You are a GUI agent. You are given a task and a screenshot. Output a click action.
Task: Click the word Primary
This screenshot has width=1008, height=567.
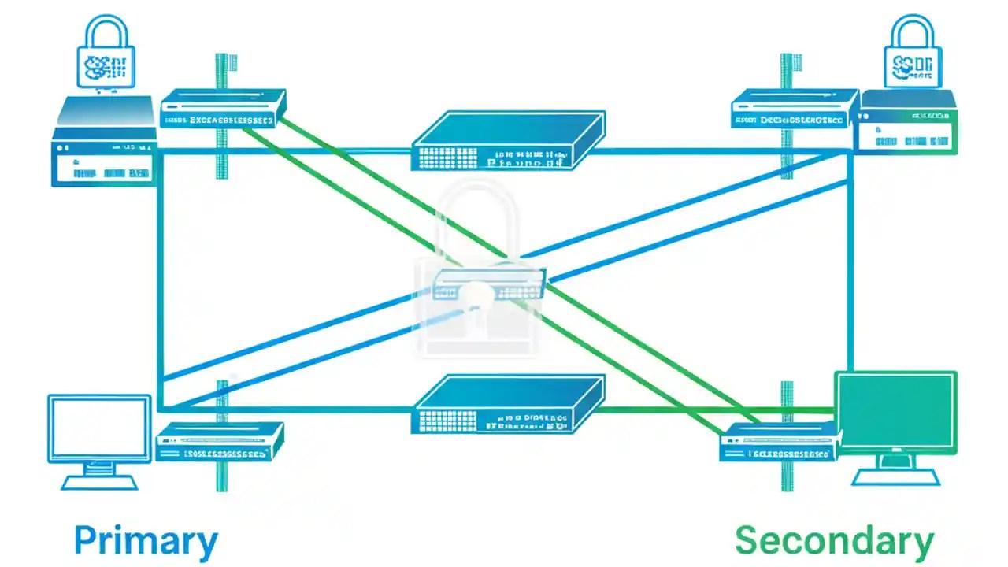coord(146,542)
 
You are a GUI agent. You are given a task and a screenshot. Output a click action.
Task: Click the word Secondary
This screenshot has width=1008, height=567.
coord(834,542)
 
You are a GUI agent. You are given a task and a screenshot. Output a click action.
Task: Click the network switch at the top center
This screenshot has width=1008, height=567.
coord(508,140)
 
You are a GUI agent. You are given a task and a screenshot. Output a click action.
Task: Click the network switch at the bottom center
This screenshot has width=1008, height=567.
coord(508,404)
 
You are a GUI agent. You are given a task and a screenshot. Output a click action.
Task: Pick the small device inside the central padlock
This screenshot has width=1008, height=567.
coord(488,283)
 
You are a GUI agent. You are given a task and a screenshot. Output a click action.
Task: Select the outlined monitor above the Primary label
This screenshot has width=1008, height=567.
coord(99,429)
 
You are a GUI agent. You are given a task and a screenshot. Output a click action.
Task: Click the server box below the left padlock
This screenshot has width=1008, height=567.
coord(104,142)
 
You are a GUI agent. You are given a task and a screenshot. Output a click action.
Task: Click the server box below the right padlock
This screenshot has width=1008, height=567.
coord(907,122)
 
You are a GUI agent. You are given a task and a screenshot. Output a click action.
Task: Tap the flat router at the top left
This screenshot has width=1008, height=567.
coord(223,109)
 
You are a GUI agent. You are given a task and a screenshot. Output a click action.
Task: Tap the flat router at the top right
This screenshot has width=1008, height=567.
coord(793,109)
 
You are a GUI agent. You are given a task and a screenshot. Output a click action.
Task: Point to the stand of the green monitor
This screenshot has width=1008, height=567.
coord(896,472)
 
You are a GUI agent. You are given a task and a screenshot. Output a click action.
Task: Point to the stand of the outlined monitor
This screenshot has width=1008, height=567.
coord(99,476)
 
